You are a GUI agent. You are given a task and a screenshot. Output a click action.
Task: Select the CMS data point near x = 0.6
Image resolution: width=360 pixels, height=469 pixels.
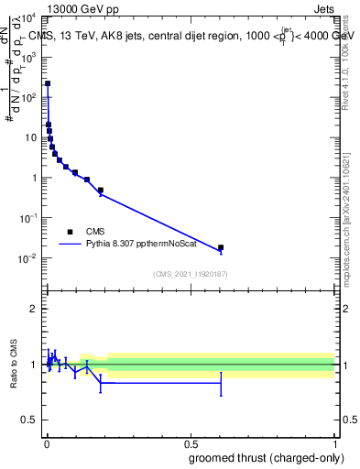coord(221,247)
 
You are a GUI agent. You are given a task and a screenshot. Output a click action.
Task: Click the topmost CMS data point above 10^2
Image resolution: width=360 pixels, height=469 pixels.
coord(48,83)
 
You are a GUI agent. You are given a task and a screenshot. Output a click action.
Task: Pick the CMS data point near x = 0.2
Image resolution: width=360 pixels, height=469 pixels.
coord(101,191)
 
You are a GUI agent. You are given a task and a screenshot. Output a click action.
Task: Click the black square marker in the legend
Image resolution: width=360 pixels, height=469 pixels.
coord(70,233)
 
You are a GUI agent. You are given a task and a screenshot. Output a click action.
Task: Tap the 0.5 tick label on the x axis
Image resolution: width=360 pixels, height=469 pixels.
coord(190,444)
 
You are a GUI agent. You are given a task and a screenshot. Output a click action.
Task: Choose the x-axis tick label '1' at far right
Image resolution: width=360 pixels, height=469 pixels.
coord(334,444)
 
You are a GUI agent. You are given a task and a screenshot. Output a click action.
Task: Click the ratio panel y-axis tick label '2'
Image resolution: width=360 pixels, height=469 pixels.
coord(35,309)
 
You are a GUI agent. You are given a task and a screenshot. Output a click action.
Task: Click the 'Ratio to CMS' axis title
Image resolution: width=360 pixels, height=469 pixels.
coord(14,365)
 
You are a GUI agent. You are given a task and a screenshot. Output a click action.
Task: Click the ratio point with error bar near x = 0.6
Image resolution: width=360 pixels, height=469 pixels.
coord(221,384)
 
